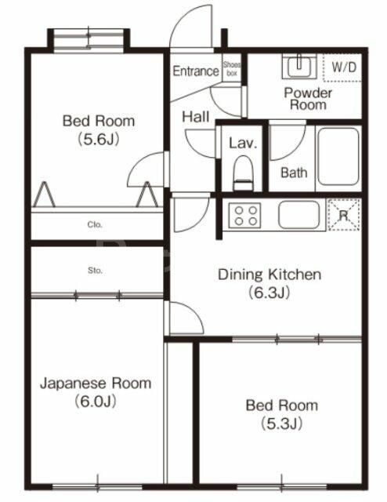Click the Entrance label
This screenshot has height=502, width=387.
[x=195, y=71]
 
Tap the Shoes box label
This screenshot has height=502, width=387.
[x=232, y=69]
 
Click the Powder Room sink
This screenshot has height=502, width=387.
[x=298, y=67]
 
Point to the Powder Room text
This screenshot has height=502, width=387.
[x=308, y=99]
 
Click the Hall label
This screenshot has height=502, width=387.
[x=195, y=117]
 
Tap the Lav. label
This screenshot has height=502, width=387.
[x=240, y=144]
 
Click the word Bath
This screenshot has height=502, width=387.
[x=294, y=173]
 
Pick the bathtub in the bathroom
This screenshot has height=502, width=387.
[x=338, y=157]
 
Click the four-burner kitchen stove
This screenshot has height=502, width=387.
[x=245, y=214]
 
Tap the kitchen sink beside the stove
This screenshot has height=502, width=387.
[x=298, y=214]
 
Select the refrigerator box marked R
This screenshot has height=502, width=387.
[x=343, y=213]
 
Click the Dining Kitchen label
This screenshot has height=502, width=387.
[x=269, y=275]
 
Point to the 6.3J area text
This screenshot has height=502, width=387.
[x=269, y=293]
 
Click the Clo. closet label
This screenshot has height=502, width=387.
[x=95, y=224]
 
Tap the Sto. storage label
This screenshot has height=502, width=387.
[x=95, y=271]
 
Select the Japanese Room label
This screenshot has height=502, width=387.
[x=95, y=384]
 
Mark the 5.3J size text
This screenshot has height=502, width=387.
[x=281, y=424]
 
